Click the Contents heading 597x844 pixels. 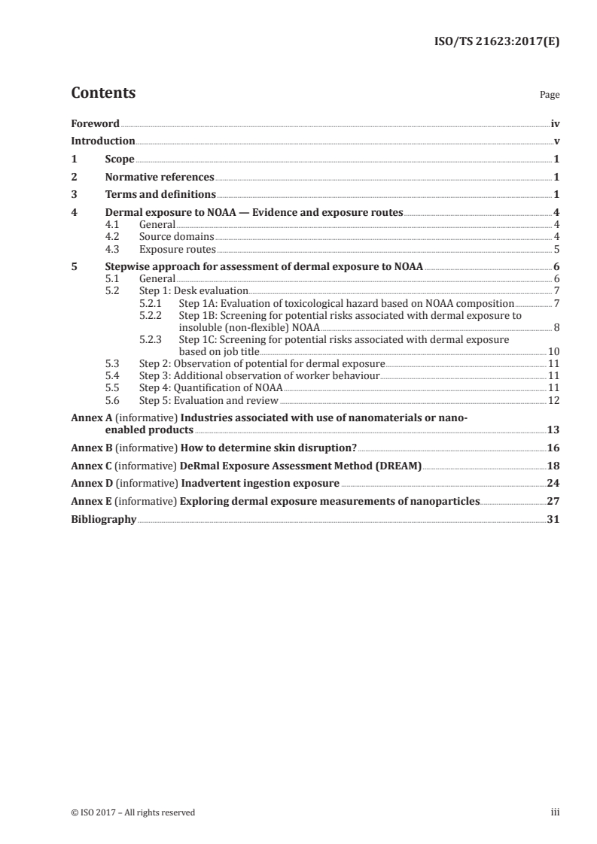[x=103, y=93]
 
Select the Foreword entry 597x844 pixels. [x=95, y=123]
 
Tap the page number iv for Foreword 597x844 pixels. [x=555, y=123]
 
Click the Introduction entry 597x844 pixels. [x=103, y=141]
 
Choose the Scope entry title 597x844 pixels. [x=120, y=159]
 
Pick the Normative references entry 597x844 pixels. [x=160, y=178]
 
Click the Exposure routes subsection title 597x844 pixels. [x=177, y=249]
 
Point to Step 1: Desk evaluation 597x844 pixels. [x=193, y=290]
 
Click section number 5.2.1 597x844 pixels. [x=151, y=303]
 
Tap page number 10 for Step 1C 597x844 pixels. [x=553, y=351]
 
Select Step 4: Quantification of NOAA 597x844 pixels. [x=211, y=387]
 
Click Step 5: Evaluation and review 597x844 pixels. [x=209, y=399]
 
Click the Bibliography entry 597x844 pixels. [x=103, y=519]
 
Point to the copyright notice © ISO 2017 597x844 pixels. [x=133, y=812]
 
